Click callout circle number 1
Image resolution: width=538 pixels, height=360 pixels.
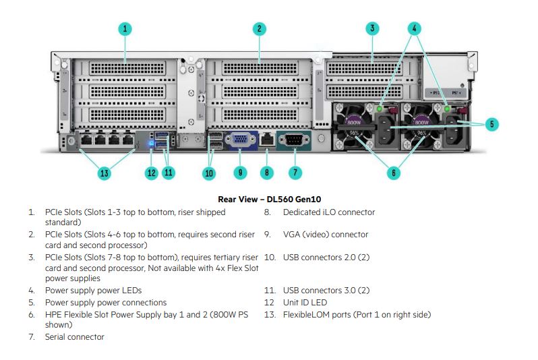125,29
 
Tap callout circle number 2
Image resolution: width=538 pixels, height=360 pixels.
260,29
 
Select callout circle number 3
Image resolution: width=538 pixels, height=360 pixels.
372,28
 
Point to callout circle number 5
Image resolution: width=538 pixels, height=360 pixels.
492,124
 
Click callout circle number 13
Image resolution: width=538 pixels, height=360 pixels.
104,173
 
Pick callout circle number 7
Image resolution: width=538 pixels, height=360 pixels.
295,173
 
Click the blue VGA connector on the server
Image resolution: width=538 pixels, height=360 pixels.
241,140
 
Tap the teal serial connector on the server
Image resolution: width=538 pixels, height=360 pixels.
294,140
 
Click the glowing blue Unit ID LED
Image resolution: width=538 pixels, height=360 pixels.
152,143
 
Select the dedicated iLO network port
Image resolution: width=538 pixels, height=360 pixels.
267,139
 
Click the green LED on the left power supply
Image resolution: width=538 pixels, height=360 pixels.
379,109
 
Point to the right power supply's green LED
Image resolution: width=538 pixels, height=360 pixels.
447,109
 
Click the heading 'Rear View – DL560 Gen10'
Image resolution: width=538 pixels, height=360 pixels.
270,200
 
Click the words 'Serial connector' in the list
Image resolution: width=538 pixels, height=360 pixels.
74,337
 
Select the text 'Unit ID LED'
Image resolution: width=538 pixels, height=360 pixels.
305,303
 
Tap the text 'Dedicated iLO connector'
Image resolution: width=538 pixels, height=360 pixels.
329,212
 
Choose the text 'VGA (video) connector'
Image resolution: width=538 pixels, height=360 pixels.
326,235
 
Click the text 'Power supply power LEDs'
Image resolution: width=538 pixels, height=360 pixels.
93,291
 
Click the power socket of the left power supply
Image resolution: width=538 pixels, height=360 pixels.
386,130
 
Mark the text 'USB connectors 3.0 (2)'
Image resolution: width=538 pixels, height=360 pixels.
326,291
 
